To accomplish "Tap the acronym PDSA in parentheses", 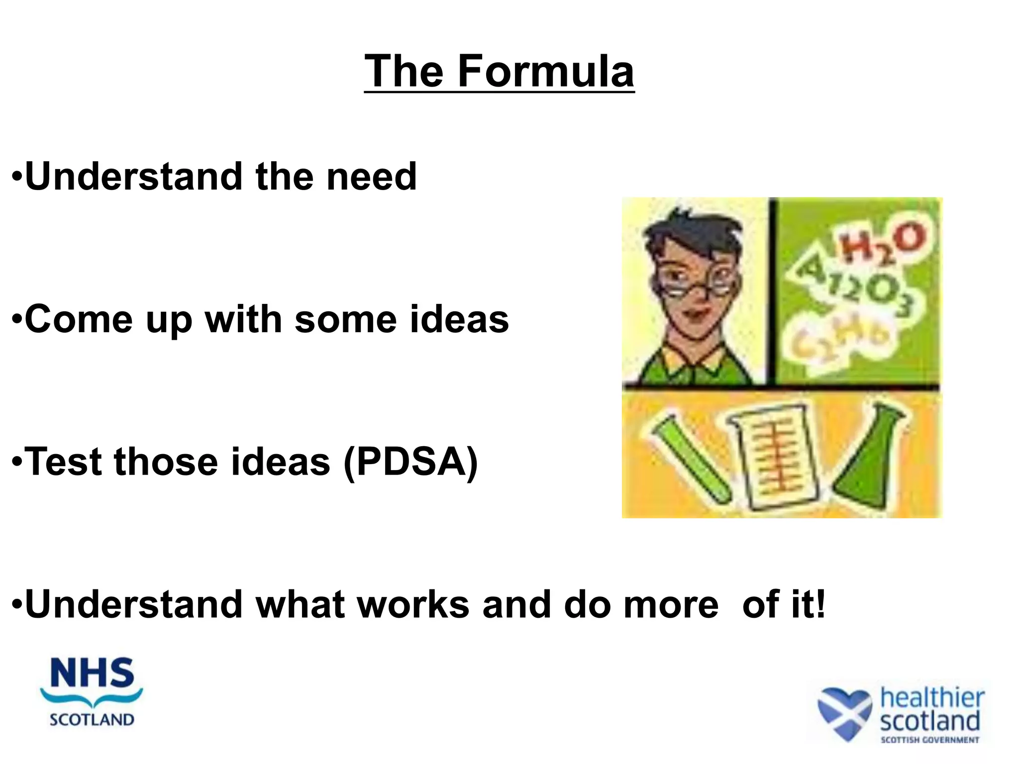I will tap(410, 462).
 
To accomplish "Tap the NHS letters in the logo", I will tap(93, 673).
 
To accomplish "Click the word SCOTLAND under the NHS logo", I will tap(92, 720).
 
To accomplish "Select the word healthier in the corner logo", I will tap(932, 697).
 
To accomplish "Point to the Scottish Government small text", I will tap(929, 740).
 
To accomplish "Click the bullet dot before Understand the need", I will tap(17, 177).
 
